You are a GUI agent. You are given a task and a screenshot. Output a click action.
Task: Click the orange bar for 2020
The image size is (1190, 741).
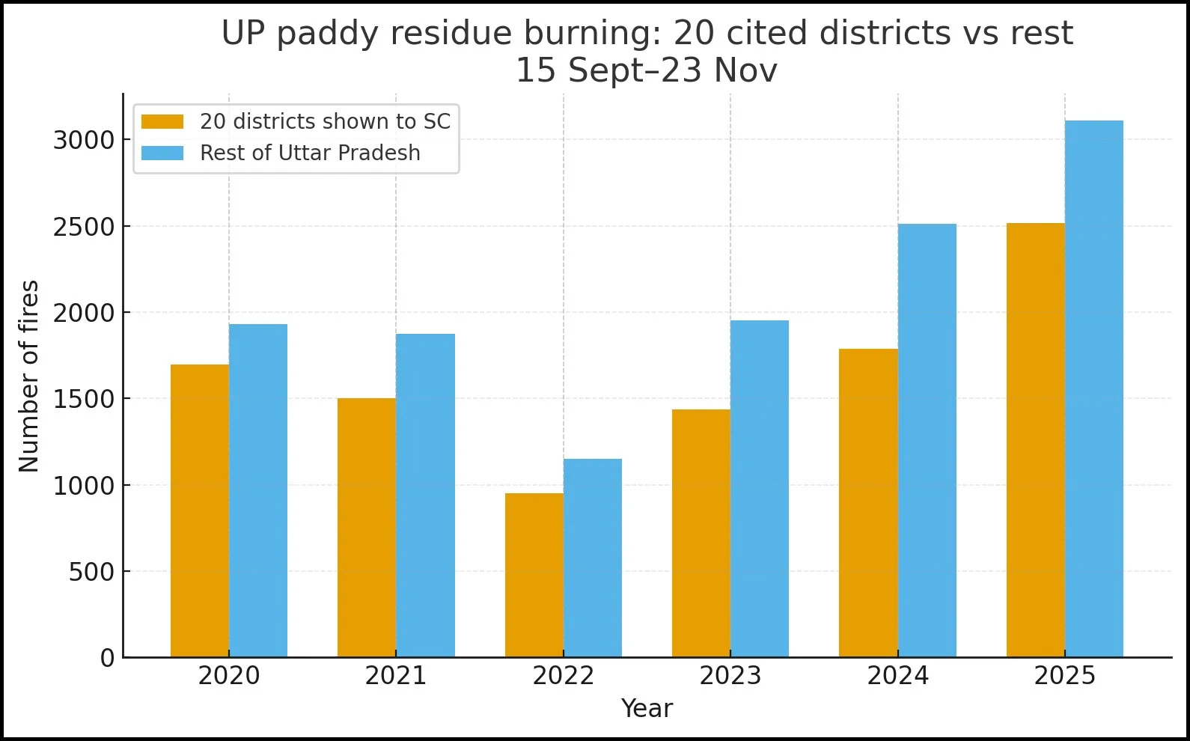(x=200, y=511)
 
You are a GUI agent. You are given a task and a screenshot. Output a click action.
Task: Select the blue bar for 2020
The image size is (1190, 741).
(x=258, y=491)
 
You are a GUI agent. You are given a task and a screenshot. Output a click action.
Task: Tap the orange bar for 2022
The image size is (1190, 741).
(x=534, y=575)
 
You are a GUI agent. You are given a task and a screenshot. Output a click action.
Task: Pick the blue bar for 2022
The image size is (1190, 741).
(x=593, y=558)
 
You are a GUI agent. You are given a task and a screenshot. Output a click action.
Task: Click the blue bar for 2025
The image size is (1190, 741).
(x=1093, y=389)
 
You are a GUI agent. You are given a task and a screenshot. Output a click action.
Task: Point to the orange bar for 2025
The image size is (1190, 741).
(x=1035, y=440)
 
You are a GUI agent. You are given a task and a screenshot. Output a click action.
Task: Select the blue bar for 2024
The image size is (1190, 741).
(x=927, y=440)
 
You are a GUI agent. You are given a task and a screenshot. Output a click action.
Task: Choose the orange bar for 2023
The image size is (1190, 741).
(x=701, y=533)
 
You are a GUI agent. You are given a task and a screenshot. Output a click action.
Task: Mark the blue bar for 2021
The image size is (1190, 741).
(x=425, y=495)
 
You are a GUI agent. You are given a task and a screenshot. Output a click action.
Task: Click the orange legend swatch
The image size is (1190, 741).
(x=162, y=122)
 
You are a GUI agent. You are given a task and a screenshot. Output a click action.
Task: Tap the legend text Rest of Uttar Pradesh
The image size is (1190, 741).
(x=310, y=153)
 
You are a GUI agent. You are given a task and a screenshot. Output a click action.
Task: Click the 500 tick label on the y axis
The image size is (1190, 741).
(x=91, y=573)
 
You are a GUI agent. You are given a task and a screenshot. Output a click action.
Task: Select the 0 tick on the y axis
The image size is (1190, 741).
(x=108, y=659)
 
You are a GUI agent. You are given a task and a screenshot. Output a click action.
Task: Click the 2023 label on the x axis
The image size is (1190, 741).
(x=730, y=676)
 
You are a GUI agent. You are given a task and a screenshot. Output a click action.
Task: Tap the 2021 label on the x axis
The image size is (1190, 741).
(x=396, y=676)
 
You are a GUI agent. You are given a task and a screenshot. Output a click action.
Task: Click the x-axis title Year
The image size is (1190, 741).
(x=647, y=709)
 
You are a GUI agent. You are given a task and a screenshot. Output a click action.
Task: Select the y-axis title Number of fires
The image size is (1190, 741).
(x=29, y=376)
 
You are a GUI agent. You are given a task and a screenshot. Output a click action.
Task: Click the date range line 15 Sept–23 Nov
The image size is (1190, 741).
(x=647, y=71)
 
